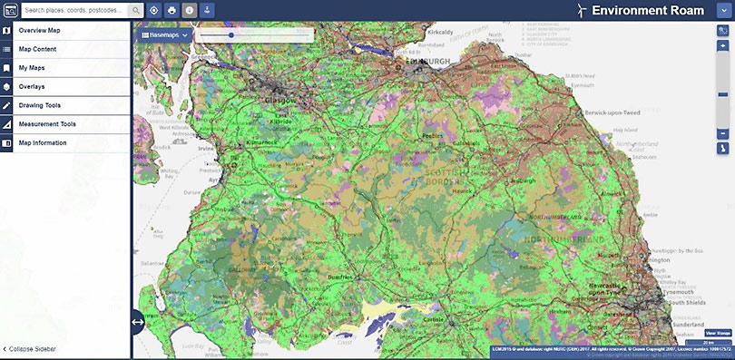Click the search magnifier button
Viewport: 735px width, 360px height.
[x=135, y=10]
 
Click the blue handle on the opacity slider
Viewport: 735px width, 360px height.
[x=231, y=34]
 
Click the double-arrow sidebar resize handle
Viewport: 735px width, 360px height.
[x=138, y=321]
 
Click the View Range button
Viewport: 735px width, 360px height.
[x=718, y=333]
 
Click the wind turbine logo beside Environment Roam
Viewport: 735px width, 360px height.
[x=580, y=10]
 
